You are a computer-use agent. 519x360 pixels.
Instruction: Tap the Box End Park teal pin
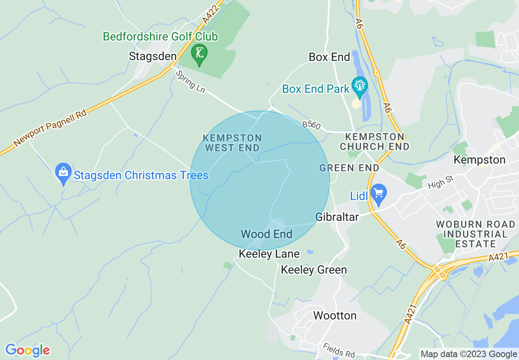(360, 87)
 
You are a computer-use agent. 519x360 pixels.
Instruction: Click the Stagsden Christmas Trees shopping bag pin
(63, 173)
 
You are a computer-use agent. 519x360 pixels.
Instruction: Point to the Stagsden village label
(153, 56)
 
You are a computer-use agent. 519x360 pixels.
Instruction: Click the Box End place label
(329, 57)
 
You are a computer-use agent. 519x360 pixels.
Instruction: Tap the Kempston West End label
(232, 142)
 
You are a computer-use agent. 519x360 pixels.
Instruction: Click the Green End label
(349, 168)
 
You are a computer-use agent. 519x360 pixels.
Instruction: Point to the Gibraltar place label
(337, 217)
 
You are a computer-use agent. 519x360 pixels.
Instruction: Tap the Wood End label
(266, 234)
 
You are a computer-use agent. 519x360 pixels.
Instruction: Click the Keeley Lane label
(269, 254)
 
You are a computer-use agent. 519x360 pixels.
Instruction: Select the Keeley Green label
(314, 270)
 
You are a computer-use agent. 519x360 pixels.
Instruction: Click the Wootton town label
(335, 315)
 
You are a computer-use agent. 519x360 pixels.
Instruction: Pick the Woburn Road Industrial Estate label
(475, 234)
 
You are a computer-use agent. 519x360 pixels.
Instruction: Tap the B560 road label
(311, 125)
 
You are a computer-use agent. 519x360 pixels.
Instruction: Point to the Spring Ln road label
(190, 81)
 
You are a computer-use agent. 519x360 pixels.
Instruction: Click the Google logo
(27, 351)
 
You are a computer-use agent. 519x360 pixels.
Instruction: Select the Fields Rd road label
(338, 351)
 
